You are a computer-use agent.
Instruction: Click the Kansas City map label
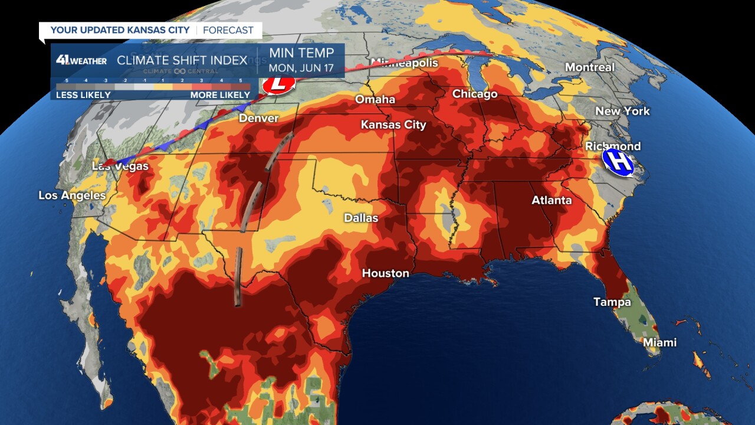(x=393, y=125)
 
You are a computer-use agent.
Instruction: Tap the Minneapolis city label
(x=405, y=63)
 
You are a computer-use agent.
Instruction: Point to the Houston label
(x=385, y=273)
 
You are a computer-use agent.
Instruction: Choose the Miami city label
(x=659, y=342)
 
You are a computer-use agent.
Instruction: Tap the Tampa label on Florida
(x=612, y=302)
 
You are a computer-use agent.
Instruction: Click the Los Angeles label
(x=72, y=195)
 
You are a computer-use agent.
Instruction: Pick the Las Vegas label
(x=120, y=166)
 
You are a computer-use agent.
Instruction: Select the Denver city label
(x=258, y=119)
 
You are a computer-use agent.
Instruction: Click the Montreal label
(x=590, y=67)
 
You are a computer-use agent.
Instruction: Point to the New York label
(x=622, y=111)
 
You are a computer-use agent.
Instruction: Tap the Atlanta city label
(x=552, y=201)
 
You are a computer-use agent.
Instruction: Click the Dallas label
(x=361, y=218)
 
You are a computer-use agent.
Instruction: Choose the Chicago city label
(x=475, y=94)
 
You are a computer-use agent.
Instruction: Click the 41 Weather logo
(x=81, y=60)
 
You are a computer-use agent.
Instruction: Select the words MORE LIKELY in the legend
(x=220, y=95)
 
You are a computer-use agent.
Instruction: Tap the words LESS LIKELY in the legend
(x=83, y=95)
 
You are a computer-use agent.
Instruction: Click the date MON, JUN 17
(x=301, y=68)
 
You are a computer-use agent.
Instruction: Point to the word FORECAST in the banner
(x=228, y=30)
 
